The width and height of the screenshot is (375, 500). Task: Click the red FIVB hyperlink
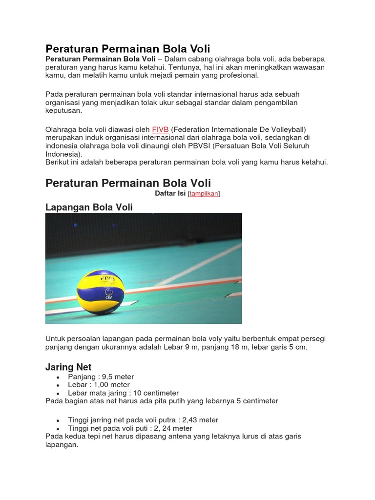coord(160,129)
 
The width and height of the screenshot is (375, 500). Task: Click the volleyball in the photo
coord(101,292)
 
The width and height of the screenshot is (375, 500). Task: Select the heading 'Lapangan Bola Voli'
coord(89,208)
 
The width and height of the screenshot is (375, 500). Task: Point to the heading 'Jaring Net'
coord(68,367)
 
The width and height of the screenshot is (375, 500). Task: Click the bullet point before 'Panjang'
coord(58,377)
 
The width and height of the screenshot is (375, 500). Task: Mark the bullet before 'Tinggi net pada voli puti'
coord(58,429)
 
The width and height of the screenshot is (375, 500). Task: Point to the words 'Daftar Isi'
coord(170,194)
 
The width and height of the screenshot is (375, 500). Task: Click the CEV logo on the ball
coord(108,296)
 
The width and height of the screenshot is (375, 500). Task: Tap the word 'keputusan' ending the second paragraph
coord(63,111)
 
